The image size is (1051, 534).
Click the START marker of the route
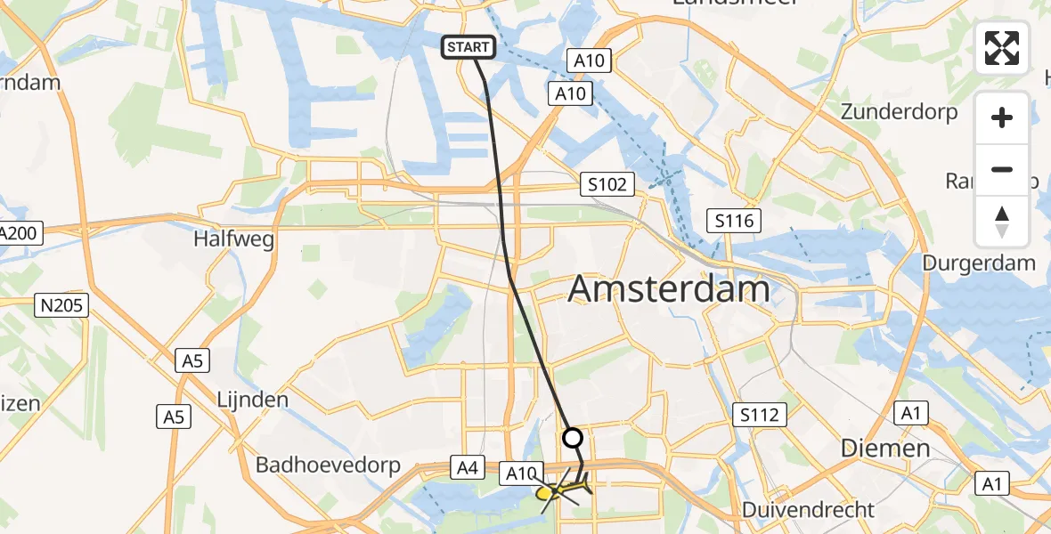pyautogui.click(x=469, y=47)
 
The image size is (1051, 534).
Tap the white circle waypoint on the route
pyautogui.click(x=573, y=438)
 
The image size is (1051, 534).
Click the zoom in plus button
pyautogui.click(x=1002, y=117)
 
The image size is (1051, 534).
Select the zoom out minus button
pyautogui.click(x=1002, y=169)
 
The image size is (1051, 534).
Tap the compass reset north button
pyautogui.click(x=1002, y=222)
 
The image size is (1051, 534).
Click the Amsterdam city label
pyautogui.click(x=668, y=289)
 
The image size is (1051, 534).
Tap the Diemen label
pyautogui.click(x=885, y=448)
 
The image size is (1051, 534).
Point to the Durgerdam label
pyautogui.click(x=978, y=263)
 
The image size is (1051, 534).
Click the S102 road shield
pyautogui.click(x=607, y=185)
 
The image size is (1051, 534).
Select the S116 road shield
pyautogui.click(x=734, y=221)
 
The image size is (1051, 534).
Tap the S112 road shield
pyautogui.click(x=759, y=414)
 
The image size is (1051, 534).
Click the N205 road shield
pyautogui.click(x=61, y=306)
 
